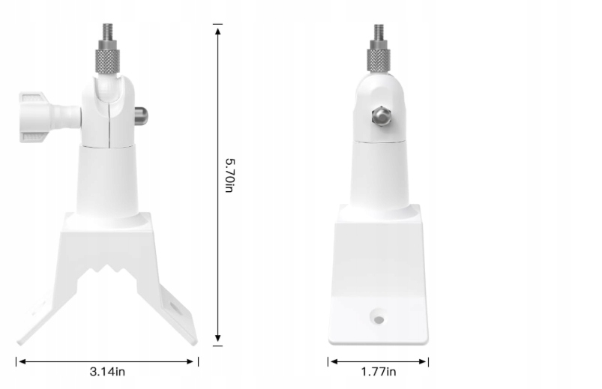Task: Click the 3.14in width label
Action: (107, 372)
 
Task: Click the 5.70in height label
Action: (229, 175)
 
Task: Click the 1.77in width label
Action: (379, 372)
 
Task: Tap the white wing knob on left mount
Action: (34, 117)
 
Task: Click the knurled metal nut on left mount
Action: (107, 60)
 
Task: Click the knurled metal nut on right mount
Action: (379, 59)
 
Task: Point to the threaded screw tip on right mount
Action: (379, 32)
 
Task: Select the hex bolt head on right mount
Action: (381, 115)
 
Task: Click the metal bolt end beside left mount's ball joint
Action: (141, 115)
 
